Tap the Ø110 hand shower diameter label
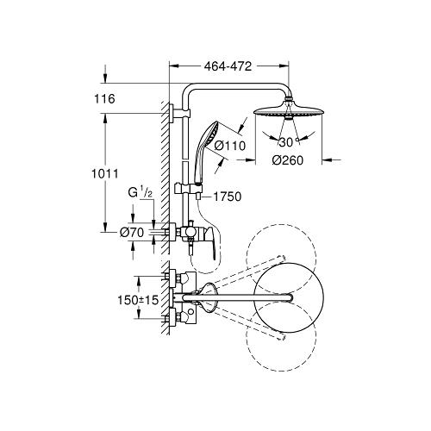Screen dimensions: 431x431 pos(230,146)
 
